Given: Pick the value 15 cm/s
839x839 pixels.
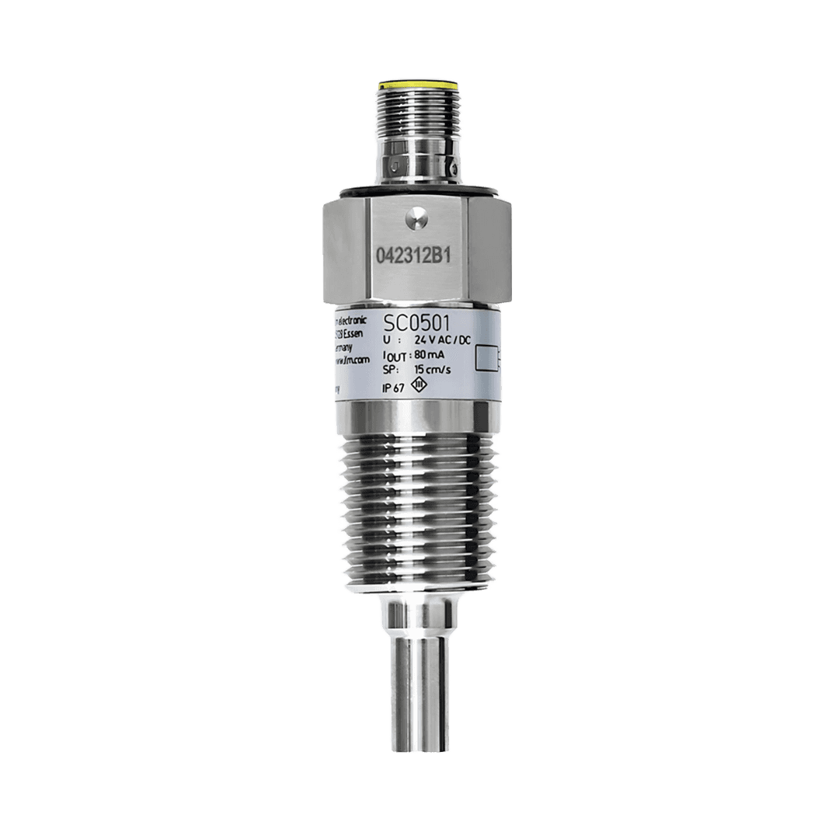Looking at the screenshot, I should tap(431, 371).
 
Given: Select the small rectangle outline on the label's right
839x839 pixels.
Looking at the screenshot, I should tap(489, 357).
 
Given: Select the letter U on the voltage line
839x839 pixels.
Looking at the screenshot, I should tap(388, 340).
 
